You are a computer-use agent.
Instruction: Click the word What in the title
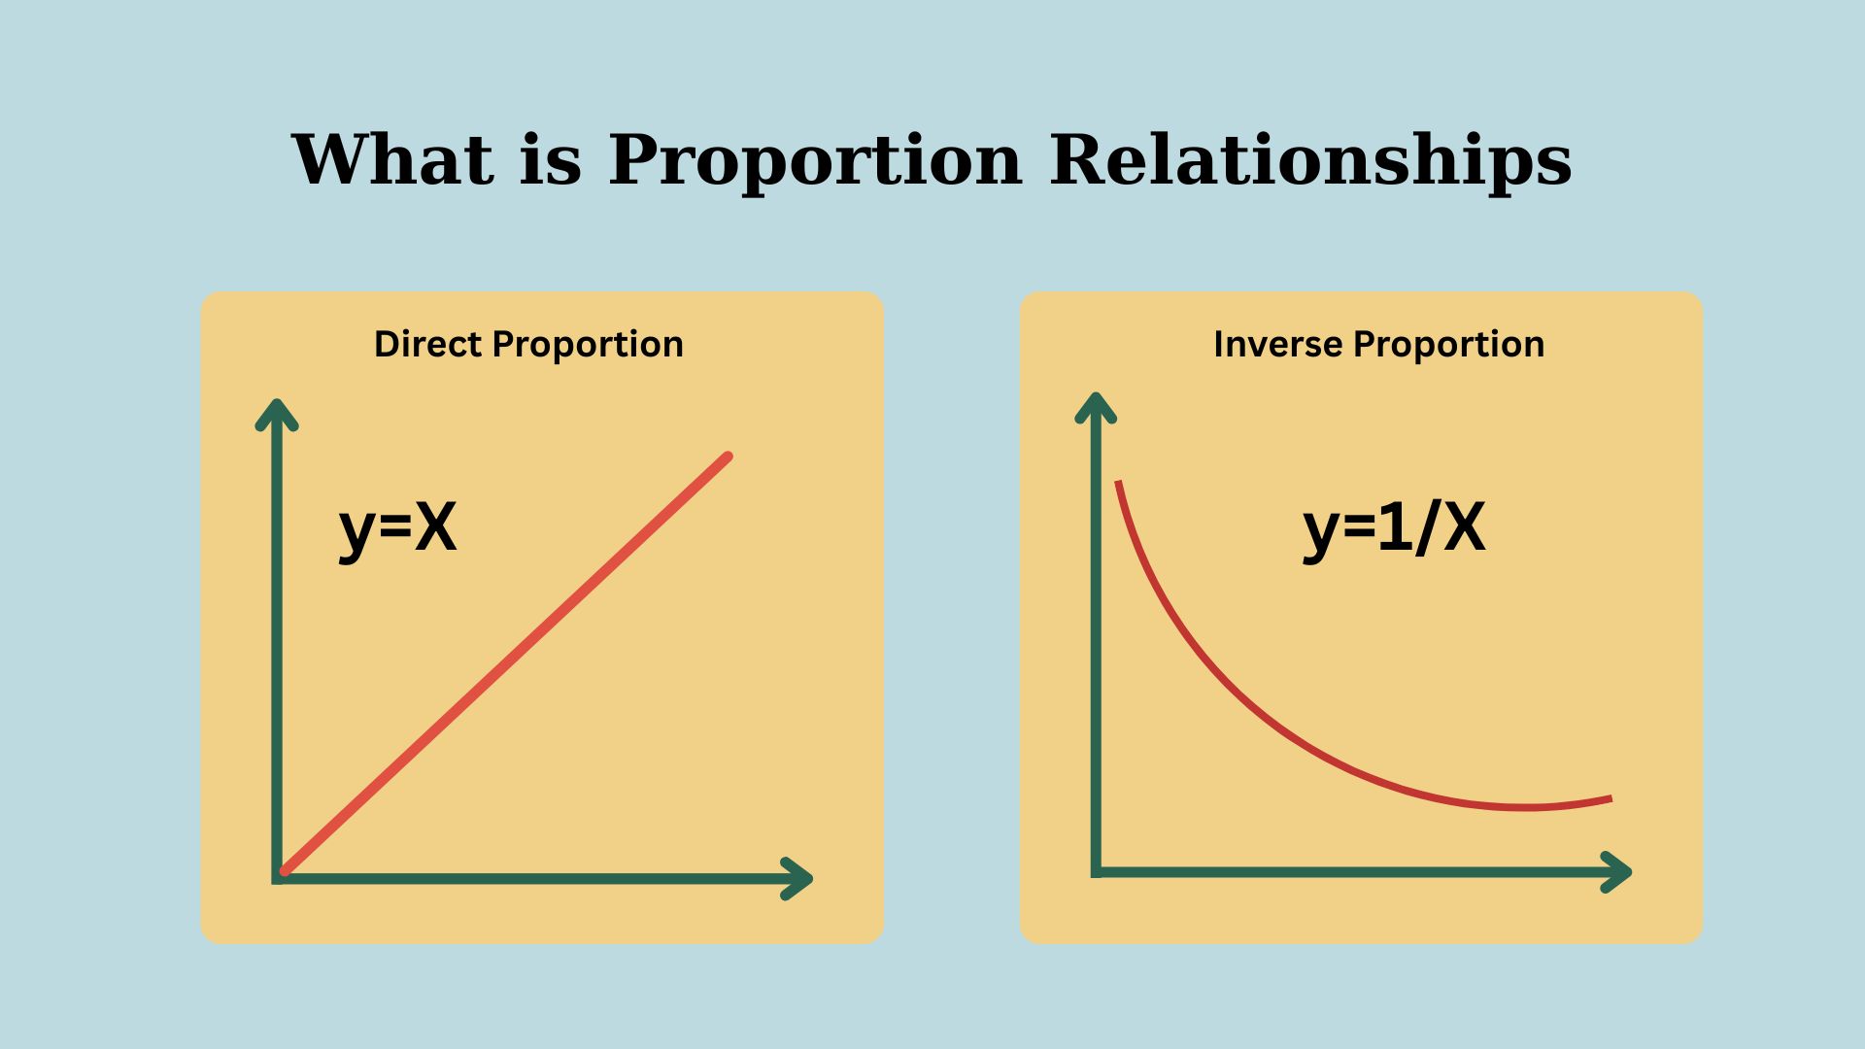point(391,158)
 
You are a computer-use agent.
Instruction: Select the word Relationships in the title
point(1311,160)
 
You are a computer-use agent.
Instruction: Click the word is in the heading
point(551,158)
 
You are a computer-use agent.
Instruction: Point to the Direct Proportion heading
point(529,345)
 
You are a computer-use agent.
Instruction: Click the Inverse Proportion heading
point(1379,345)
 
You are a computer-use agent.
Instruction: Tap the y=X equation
point(398,530)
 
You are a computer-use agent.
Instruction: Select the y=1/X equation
point(1394,530)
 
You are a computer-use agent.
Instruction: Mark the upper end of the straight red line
point(728,457)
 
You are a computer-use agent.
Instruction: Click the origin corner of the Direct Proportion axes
point(278,878)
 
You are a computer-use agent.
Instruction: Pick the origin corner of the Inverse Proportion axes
point(1097,871)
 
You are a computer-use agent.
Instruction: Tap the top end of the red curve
point(1118,482)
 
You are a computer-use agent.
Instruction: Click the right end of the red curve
point(1611,799)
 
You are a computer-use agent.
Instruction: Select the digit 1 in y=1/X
point(1393,528)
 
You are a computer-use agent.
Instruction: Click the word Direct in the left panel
point(427,344)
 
